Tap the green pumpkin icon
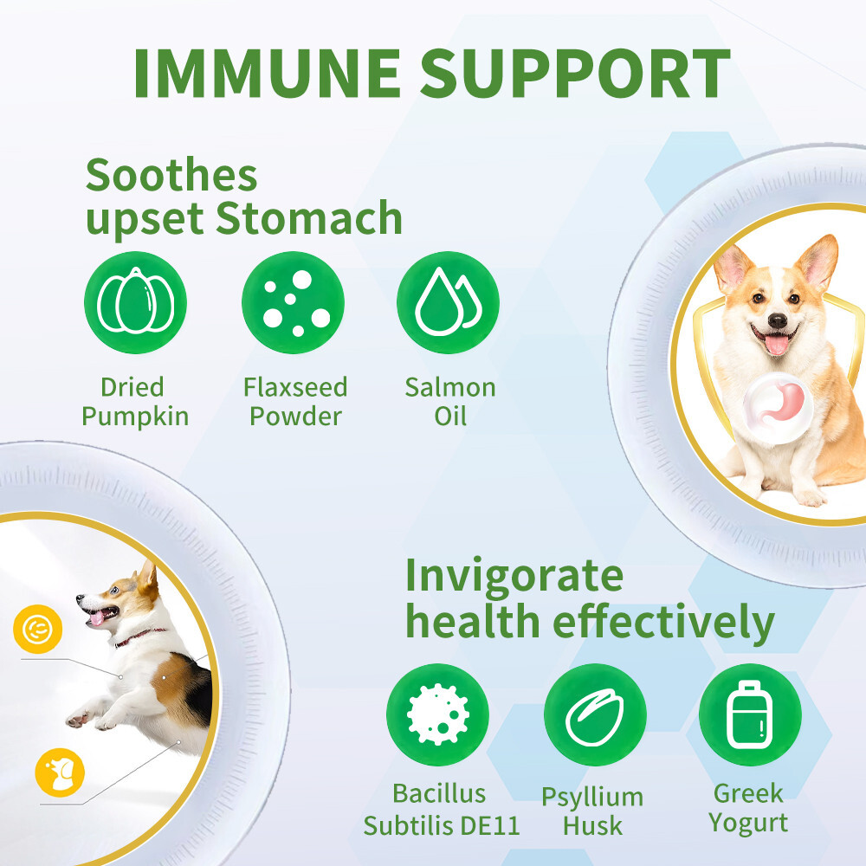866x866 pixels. pos(136,302)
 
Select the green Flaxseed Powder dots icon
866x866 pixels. pos(293,302)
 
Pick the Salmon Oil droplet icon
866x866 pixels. pos(449,302)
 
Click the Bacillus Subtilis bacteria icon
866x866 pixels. pos(438,714)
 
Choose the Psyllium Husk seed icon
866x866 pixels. pos(595,714)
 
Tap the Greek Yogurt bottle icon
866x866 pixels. pos(749,714)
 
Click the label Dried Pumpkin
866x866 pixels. pos(134,401)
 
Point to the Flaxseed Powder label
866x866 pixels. pos(295,401)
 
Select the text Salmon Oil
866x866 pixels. pos(450,401)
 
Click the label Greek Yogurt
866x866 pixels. pos(748,807)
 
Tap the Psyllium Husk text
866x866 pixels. pos(592,811)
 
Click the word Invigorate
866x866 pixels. pos(514,575)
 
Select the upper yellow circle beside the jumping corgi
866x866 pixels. pos(38,630)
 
